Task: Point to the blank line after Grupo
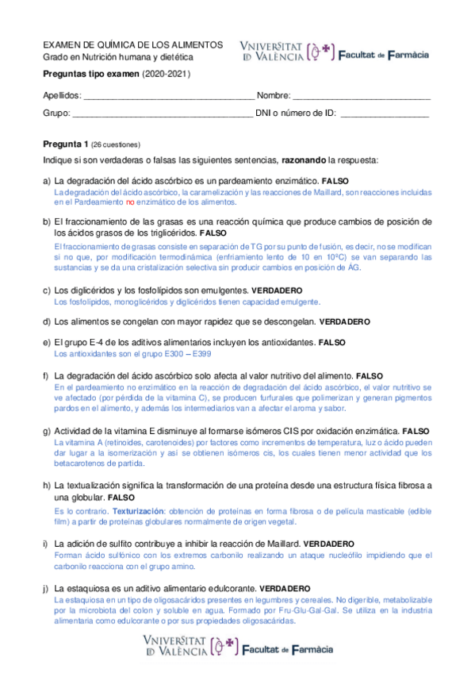[162, 113]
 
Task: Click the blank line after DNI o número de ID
[385, 113]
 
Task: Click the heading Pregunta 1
[65, 144]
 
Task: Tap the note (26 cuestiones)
[116, 145]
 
